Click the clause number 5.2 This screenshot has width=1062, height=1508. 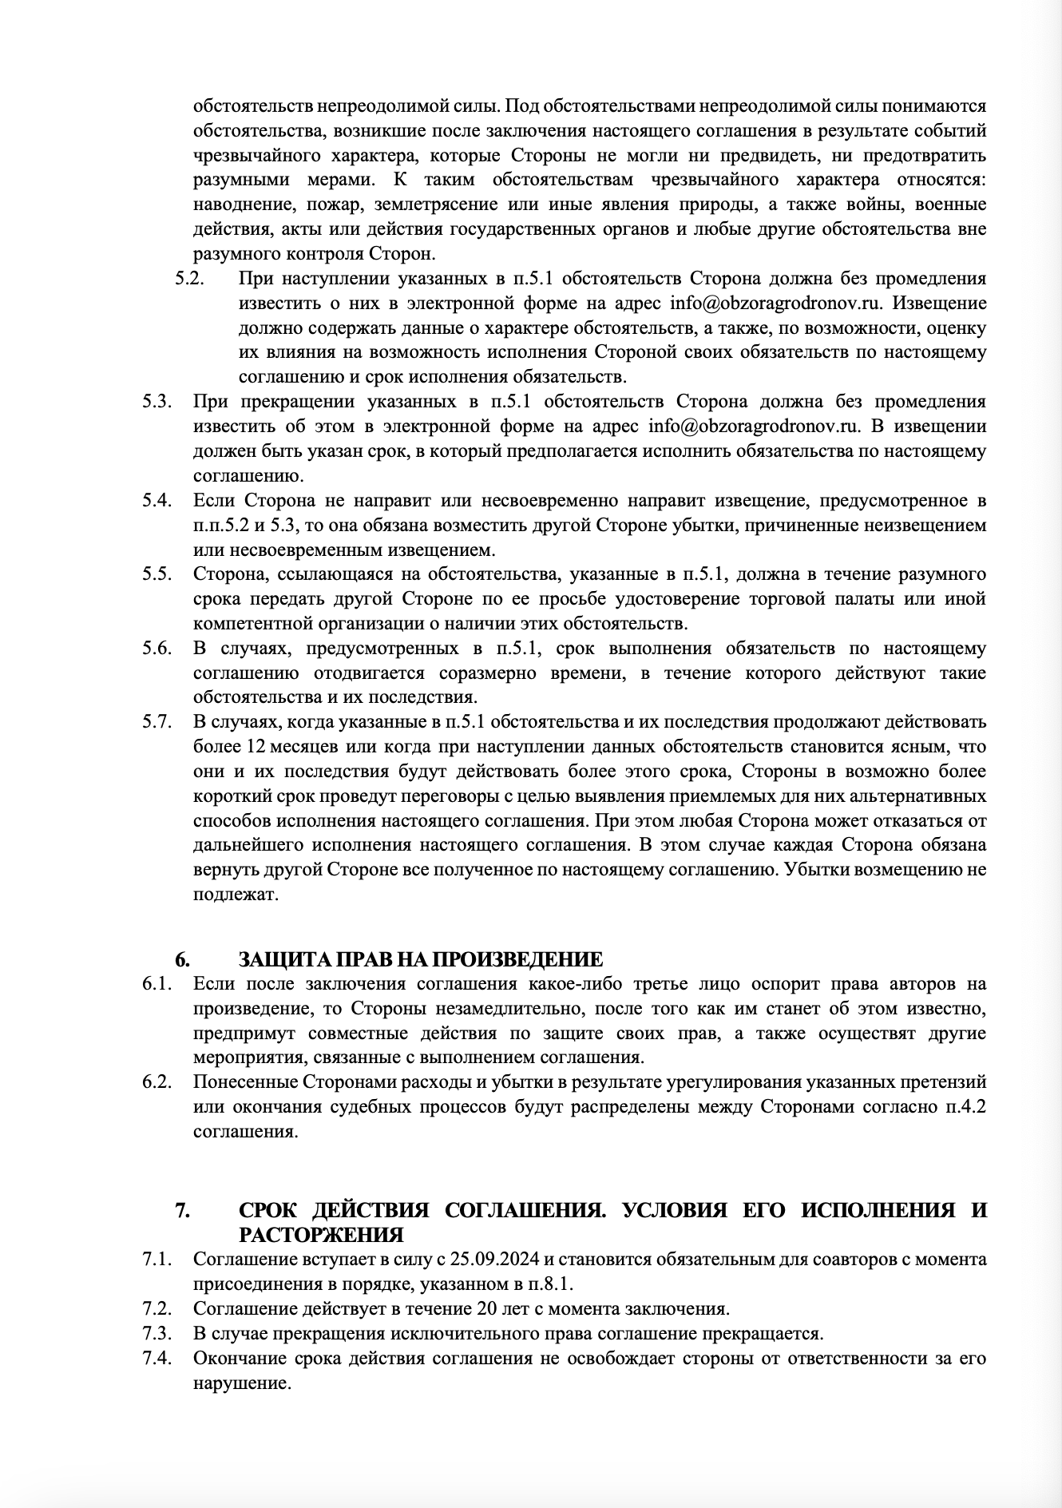(189, 279)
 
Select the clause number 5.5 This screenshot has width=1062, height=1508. (158, 574)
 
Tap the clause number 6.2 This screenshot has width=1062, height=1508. (158, 1082)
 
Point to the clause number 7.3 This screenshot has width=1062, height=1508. (158, 1333)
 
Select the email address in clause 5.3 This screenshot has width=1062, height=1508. (753, 426)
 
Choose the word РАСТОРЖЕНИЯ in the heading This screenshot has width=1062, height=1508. (321, 1235)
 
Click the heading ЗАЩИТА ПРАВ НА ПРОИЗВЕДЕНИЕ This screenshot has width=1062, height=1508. (420, 959)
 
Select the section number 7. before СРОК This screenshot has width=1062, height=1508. (182, 1209)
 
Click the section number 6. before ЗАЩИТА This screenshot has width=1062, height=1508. (182, 959)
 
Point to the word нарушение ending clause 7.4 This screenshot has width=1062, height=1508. (240, 1383)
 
